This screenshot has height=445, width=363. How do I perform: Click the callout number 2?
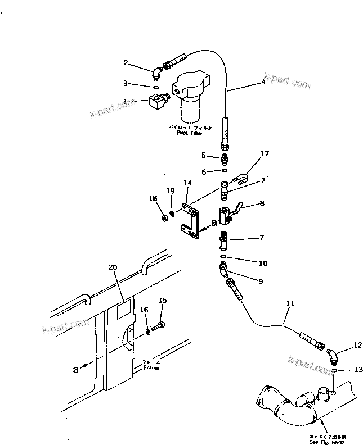click(x=126, y=63)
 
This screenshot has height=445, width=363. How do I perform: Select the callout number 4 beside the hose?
click(x=263, y=82)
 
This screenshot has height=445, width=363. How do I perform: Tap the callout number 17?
click(x=265, y=153)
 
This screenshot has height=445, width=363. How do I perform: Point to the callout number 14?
click(x=187, y=183)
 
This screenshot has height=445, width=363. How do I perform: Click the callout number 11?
click(x=290, y=304)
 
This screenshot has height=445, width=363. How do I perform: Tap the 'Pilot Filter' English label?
click(x=190, y=134)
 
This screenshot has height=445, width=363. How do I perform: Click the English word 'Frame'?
click(x=151, y=367)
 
